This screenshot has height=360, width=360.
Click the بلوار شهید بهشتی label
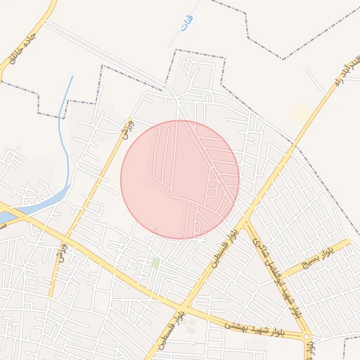[254, 328]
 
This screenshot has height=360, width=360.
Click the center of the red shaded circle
[180, 179]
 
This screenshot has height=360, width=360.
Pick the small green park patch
[155, 262]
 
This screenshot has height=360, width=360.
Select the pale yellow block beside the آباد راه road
[301, 112]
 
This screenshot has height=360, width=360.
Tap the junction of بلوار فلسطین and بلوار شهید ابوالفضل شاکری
[245, 221]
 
